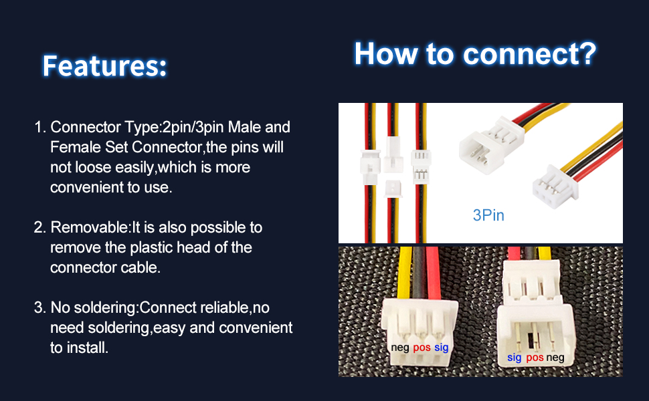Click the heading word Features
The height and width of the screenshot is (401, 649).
coord(104,65)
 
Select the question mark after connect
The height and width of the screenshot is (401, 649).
coord(587,53)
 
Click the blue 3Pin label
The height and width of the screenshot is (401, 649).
coord(488,215)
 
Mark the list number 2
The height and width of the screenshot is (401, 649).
coord(39,227)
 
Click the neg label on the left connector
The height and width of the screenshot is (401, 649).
coord(400,348)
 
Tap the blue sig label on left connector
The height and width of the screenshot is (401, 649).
coord(442,348)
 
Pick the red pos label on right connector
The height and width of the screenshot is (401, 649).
coord(535,358)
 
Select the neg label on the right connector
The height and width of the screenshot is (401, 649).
coord(555,358)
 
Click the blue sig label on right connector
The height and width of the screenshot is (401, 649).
coord(514,358)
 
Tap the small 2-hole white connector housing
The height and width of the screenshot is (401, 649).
coord(393,188)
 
